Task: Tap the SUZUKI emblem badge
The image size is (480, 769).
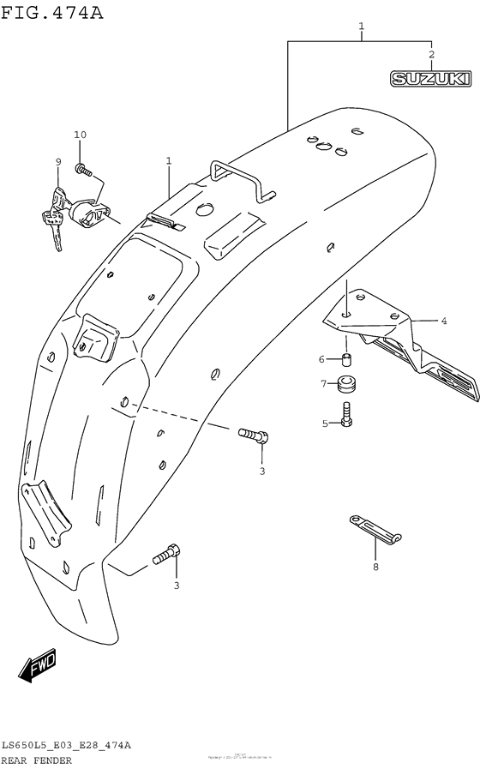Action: (431, 79)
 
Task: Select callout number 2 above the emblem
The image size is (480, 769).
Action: (431, 54)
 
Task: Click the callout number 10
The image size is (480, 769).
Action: (81, 135)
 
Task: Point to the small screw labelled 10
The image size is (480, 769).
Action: (82, 169)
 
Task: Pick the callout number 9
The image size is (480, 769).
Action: (58, 161)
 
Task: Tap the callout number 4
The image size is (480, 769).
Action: (444, 321)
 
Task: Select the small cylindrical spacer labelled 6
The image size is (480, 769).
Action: (348, 359)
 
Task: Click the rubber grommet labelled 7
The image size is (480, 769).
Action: (348, 385)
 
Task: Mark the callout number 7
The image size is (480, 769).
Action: (323, 383)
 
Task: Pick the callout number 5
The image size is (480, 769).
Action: (325, 423)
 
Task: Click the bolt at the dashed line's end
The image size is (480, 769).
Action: (253, 436)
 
